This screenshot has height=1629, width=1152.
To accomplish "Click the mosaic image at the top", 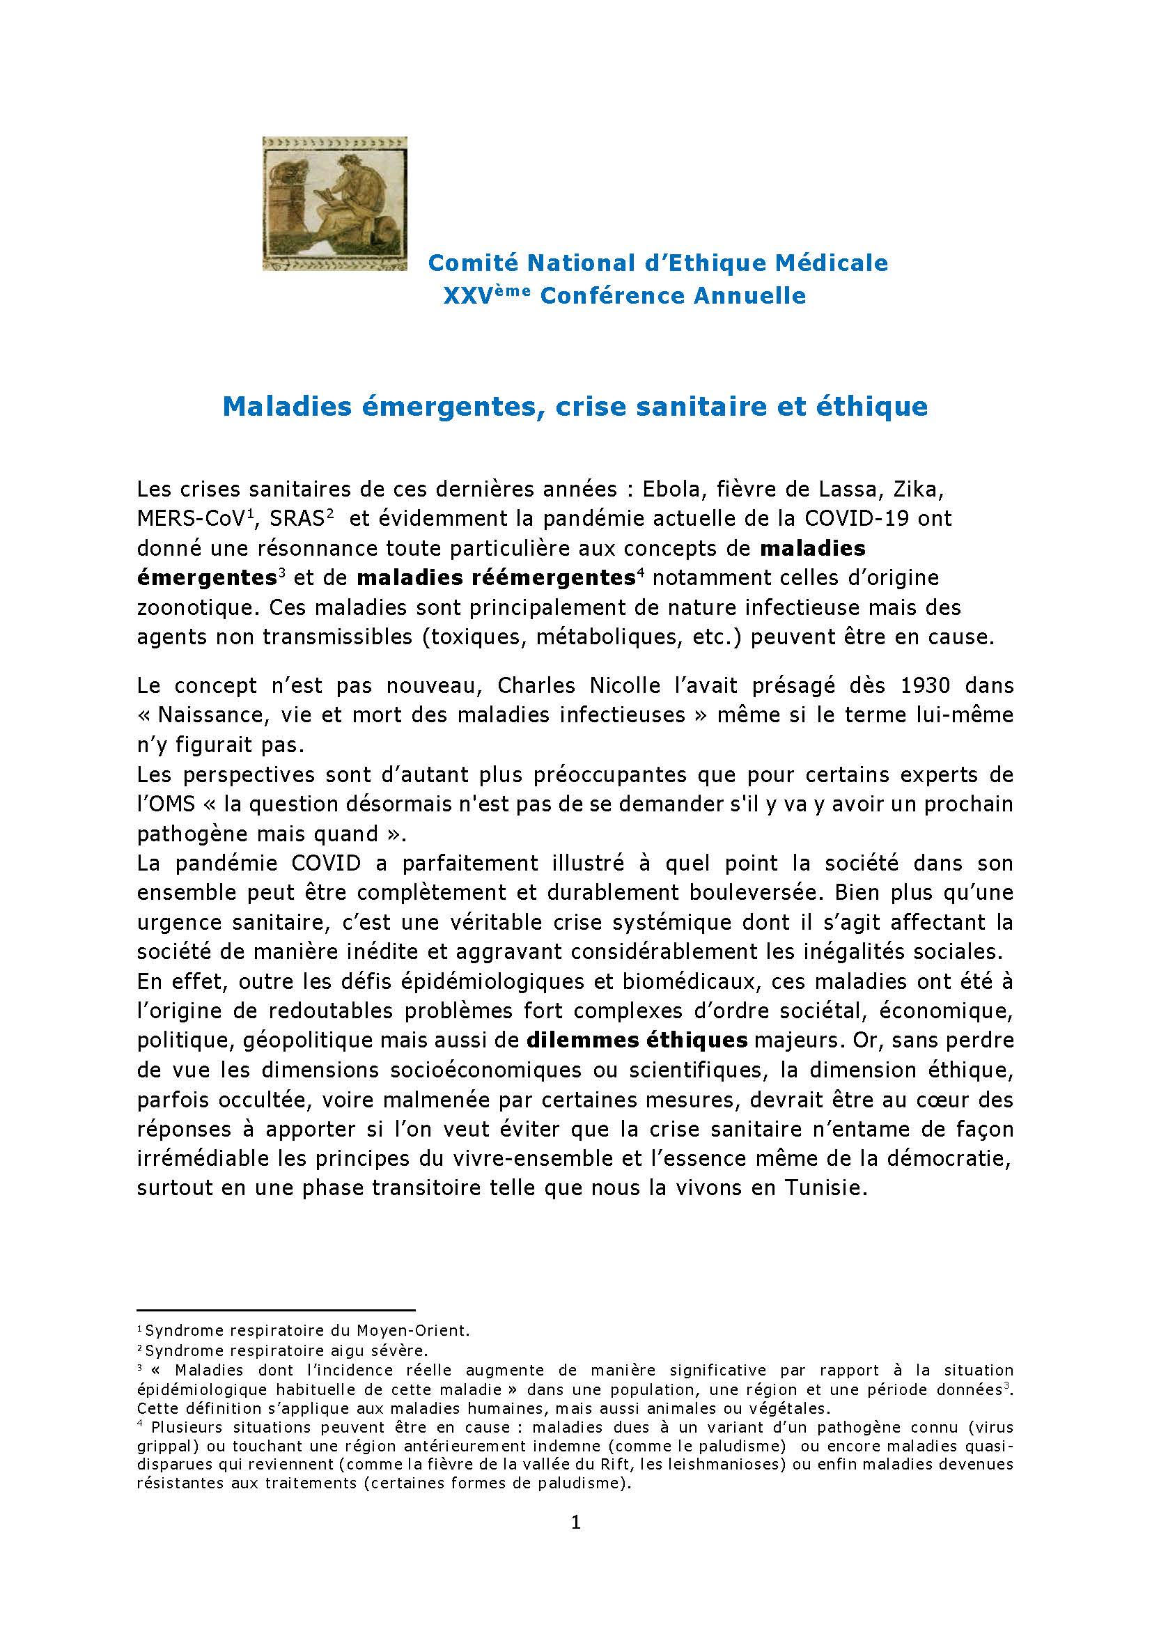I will click(335, 203).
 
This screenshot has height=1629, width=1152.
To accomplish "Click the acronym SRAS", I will click(297, 519).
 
